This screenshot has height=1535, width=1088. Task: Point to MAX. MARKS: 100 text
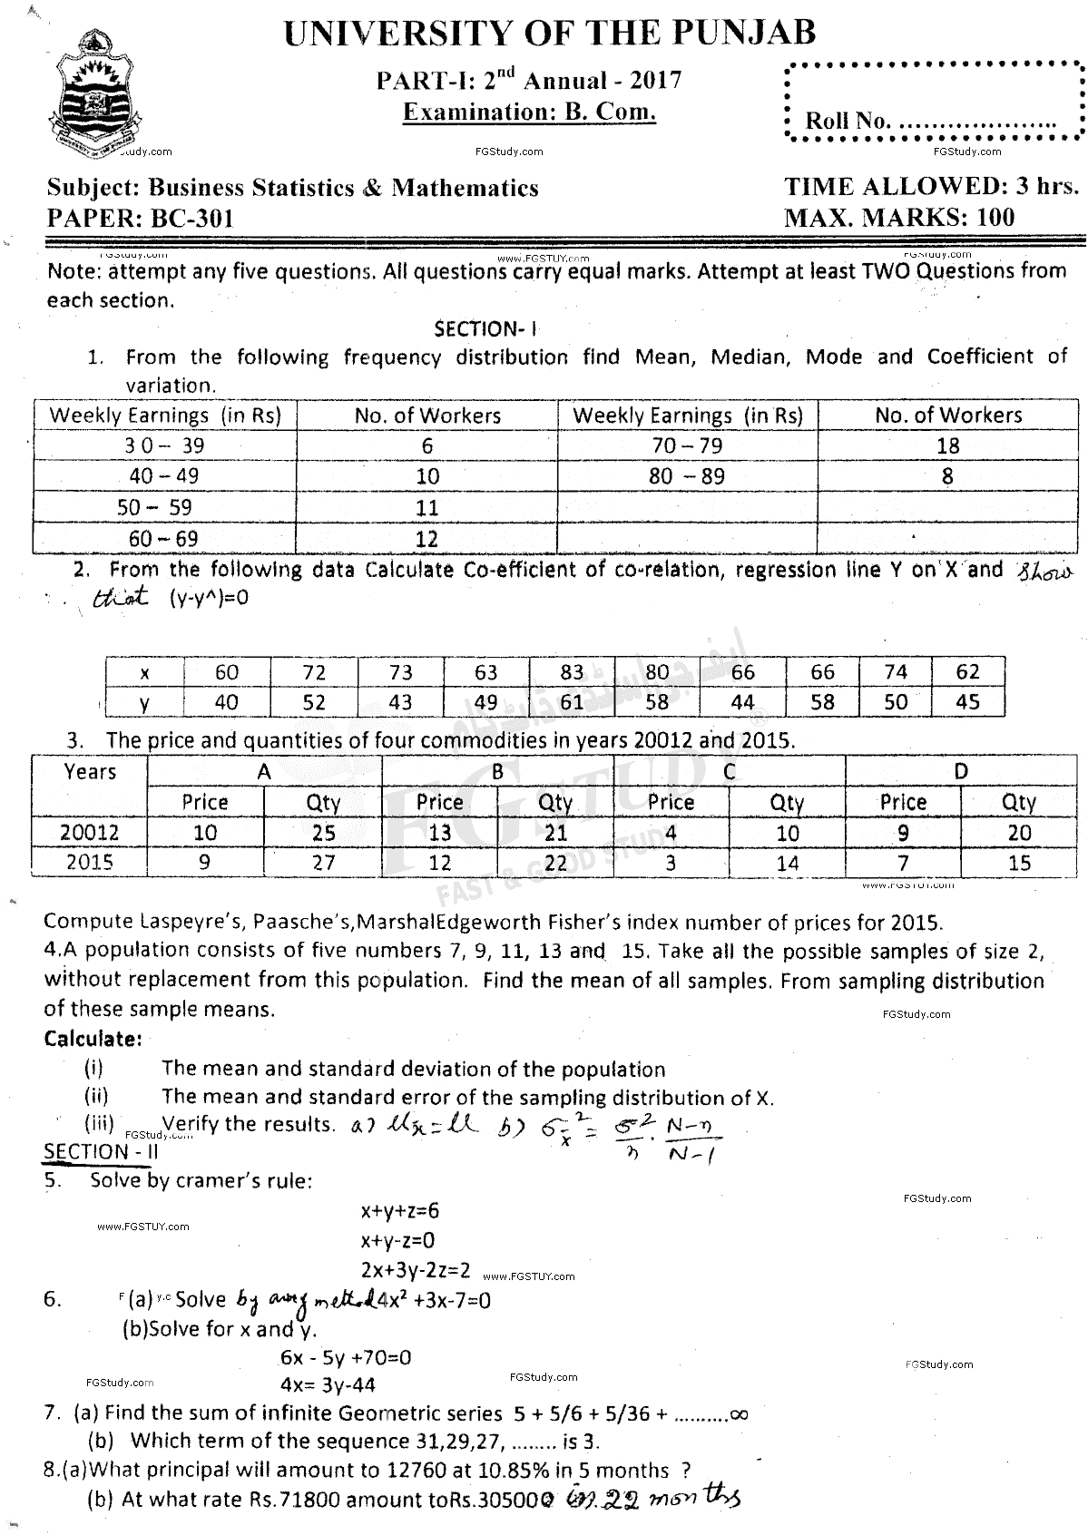(899, 218)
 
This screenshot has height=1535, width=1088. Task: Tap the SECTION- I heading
(488, 328)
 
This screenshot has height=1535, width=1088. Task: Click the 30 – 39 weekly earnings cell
(164, 445)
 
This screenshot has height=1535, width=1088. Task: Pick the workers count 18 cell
(947, 445)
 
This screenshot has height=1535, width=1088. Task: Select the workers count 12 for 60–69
(426, 539)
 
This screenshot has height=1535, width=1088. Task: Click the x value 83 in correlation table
(572, 672)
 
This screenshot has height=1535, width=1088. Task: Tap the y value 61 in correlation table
(572, 702)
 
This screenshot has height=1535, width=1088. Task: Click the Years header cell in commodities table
(90, 772)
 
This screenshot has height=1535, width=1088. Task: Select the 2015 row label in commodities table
(90, 861)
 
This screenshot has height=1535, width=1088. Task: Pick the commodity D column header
(961, 772)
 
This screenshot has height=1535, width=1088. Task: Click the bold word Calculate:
(93, 1038)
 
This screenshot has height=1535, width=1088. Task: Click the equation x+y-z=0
(397, 1239)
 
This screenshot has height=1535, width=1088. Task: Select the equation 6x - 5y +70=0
(346, 1357)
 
